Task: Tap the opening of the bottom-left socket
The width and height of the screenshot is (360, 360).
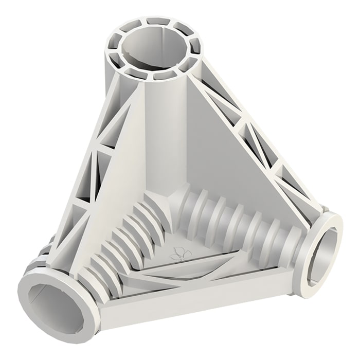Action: [x=51, y=298]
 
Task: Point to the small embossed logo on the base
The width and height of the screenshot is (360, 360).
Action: [x=178, y=253]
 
